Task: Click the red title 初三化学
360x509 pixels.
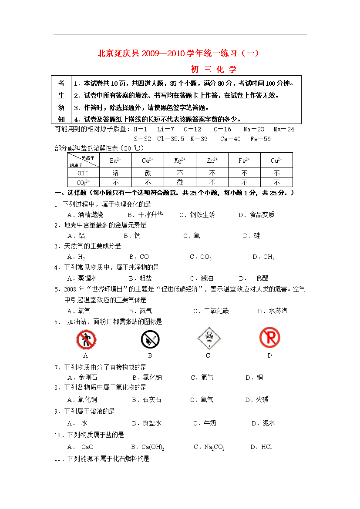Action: click(213, 69)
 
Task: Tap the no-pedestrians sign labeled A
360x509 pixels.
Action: click(86, 339)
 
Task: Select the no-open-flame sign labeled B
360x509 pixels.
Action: click(150, 339)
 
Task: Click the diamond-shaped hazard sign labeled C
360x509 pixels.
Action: click(208, 338)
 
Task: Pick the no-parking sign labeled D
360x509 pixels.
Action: click(269, 338)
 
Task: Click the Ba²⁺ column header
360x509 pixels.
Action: click(115, 161)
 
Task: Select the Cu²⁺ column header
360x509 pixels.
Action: click(276, 161)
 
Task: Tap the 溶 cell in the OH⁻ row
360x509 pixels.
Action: click(115, 173)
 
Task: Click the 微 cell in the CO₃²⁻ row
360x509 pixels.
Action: click(180, 182)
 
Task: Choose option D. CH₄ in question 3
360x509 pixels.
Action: click(263, 257)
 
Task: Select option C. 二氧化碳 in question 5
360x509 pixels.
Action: click(211, 311)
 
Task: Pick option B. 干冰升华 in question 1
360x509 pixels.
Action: click(145, 215)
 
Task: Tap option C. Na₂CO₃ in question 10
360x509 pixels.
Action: click(209, 447)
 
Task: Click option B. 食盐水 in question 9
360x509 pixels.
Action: click(146, 423)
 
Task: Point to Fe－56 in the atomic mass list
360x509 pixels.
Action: click(260, 139)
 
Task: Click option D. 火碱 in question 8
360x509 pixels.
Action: click(256, 400)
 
